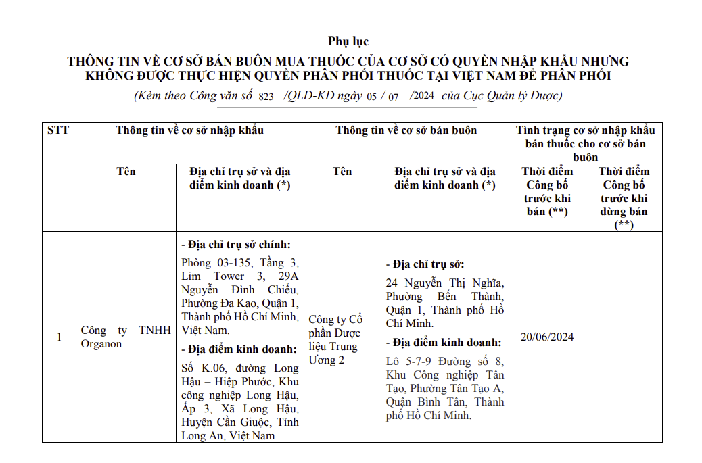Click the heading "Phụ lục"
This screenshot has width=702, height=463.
348,42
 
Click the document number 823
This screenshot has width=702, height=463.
266,97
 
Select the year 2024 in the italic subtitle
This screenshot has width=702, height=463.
423,96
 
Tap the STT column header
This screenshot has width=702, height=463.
58,130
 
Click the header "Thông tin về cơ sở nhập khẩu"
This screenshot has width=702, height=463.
189,130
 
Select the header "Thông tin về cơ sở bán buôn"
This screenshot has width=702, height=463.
406,130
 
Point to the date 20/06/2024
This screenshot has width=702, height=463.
546,337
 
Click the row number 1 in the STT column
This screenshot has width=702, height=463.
59,337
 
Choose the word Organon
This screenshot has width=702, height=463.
101,344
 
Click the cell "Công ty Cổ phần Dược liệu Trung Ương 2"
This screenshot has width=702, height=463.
335,339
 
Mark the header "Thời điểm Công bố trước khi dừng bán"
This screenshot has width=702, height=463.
624,198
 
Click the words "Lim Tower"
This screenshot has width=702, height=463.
213,276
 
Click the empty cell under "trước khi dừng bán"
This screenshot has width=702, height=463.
624,337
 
